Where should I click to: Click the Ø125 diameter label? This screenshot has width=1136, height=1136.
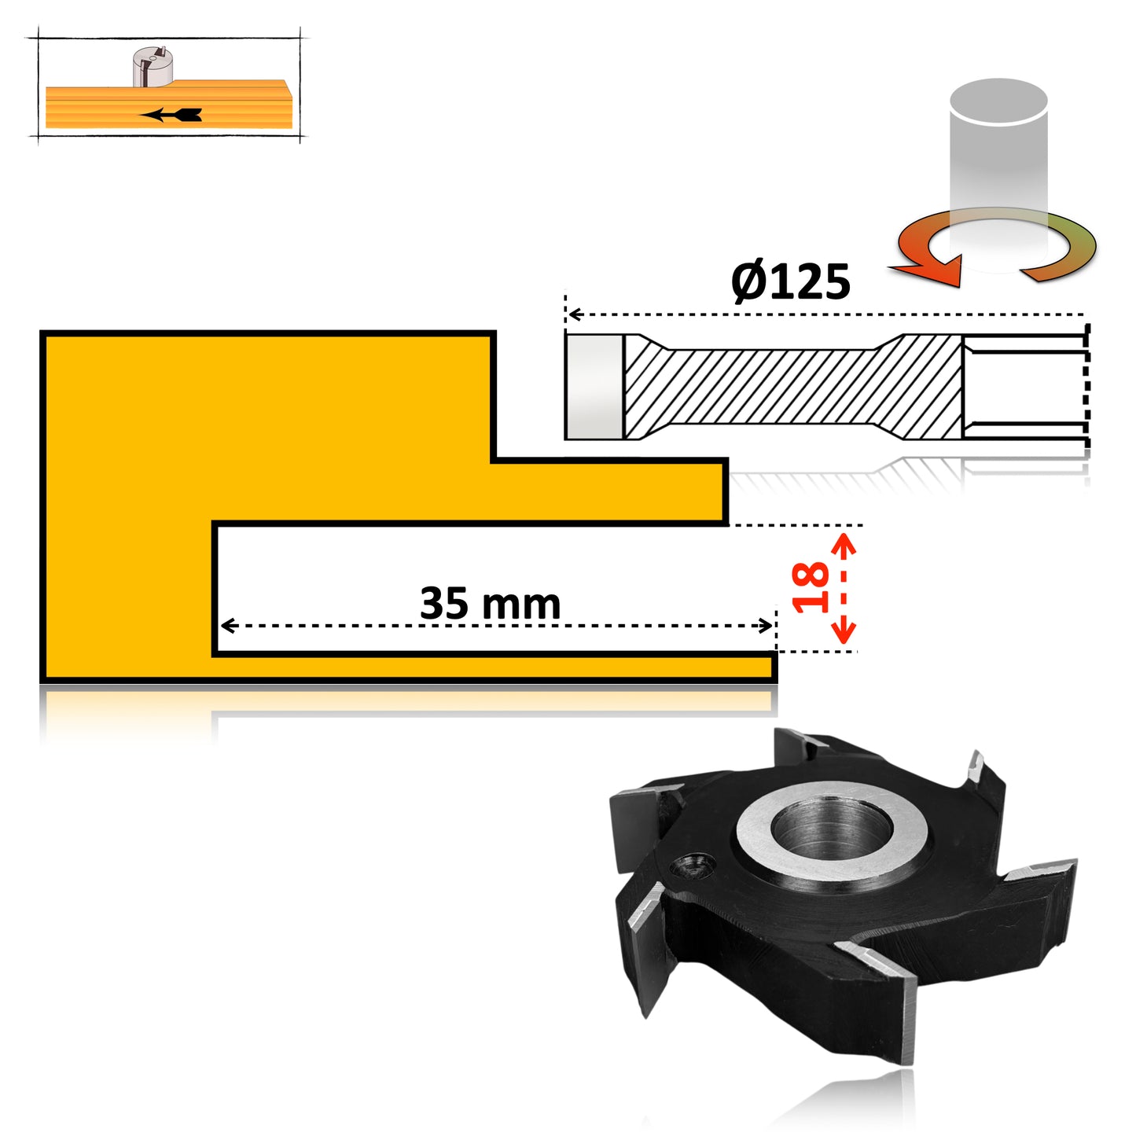[x=790, y=281]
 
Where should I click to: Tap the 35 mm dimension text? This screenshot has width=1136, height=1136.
[x=490, y=603]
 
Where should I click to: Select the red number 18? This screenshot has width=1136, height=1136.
[x=811, y=587]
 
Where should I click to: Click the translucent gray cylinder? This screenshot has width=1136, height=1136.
[x=998, y=157]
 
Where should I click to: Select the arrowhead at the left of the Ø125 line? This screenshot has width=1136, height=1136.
[x=575, y=314]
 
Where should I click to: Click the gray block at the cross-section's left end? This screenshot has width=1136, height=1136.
[x=594, y=386]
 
